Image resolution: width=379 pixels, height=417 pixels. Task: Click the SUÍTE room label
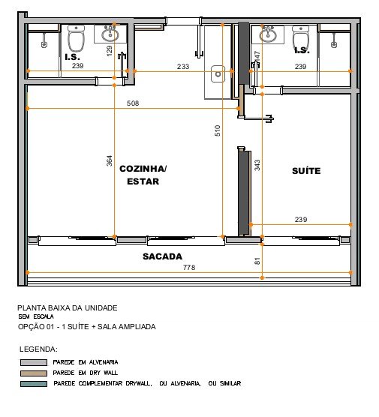(306, 171)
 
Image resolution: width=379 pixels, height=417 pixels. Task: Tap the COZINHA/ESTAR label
(143, 175)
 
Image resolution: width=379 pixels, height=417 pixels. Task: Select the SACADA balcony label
(162, 256)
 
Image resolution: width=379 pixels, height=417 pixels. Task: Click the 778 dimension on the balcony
(189, 267)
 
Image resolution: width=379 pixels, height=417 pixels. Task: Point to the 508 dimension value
(133, 103)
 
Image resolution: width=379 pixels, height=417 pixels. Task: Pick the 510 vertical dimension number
(218, 130)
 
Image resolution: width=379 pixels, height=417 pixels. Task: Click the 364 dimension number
(109, 161)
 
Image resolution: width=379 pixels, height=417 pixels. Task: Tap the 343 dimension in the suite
(257, 165)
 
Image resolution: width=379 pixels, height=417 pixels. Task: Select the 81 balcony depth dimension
(257, 261)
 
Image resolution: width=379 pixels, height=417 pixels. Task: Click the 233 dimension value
(183, 66)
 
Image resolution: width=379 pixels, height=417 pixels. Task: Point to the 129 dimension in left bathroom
(109, 50)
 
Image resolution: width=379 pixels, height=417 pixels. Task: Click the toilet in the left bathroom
(76, 38)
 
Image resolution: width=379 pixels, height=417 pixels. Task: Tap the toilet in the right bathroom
(301, 37)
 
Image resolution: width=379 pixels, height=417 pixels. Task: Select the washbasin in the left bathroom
(110, 34)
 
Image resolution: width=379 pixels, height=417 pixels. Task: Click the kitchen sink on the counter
(218, 74)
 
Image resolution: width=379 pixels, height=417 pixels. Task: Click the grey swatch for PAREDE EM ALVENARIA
(34, 362)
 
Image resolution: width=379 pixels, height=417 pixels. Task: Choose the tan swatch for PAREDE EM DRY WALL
(34, 373)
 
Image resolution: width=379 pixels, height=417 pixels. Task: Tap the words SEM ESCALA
(36, 316)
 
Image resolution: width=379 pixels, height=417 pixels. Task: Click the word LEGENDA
(38, 349)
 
